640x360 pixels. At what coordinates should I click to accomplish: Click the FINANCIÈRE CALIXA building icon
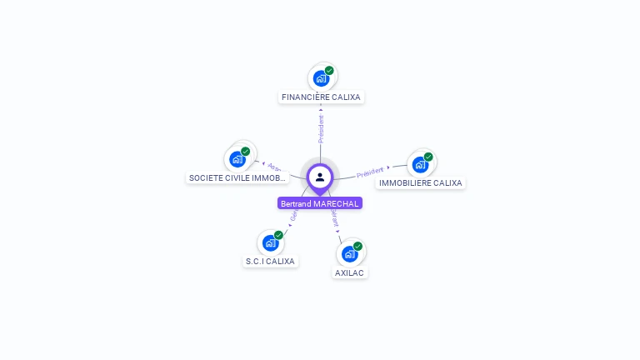pos(321,79)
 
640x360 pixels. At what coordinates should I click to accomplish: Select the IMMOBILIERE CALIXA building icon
pos(420,165)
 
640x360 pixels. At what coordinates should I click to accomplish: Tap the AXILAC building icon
pos(349,254)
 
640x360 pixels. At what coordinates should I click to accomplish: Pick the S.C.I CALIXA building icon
pos(270,243)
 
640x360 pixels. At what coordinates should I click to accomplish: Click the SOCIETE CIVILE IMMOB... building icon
pos(237,159)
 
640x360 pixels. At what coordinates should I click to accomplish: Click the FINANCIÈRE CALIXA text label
pos(321,97)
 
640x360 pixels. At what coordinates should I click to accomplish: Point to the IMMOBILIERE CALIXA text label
pos(420,183)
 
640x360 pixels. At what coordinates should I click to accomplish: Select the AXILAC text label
pos(350,272)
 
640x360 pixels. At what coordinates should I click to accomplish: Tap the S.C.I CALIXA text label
pos(270,262)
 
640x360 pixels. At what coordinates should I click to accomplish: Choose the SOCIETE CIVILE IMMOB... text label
pos(237,177)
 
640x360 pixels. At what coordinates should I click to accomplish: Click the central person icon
pos(320,177)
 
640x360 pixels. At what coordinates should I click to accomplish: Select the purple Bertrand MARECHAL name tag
pos(320,204)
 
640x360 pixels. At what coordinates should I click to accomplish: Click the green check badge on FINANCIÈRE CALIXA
pos(329,71)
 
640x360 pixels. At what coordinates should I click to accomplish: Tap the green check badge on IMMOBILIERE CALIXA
pos(428,157)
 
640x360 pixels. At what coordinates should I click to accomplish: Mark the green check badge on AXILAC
pos(357,246)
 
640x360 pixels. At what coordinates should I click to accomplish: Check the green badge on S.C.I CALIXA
pos(278,235)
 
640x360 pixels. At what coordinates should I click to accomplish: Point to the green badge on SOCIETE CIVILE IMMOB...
pos(246,152)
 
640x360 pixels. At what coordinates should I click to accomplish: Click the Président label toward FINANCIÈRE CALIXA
pos(321,128)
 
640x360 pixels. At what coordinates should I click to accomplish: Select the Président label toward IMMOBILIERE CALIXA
pos(370,172)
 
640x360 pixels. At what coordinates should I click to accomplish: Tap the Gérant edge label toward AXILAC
pos(335,218)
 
